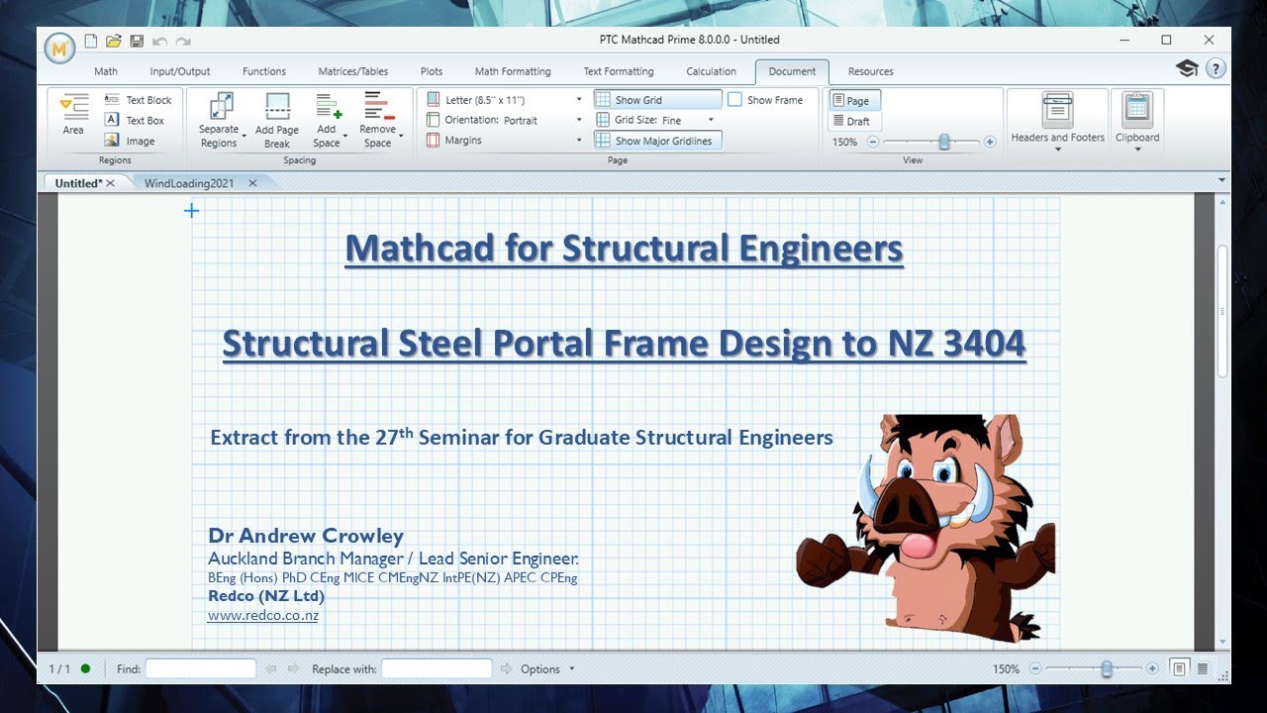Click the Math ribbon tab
tap(106, 71)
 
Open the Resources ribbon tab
tap(870, 71)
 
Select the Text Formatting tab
tap(618, 71)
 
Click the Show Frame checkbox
tap(735, 100)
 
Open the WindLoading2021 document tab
tap(190, 183)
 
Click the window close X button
tap(1209, 40)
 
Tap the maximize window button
tap(1166, 40)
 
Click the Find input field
tap(200, 668)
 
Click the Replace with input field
tap(436, 668)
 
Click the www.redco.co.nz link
tap(263, 615)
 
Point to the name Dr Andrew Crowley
tap(306, 536)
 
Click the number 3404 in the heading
tap(983, 343)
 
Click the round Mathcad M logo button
tap(59, 47)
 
